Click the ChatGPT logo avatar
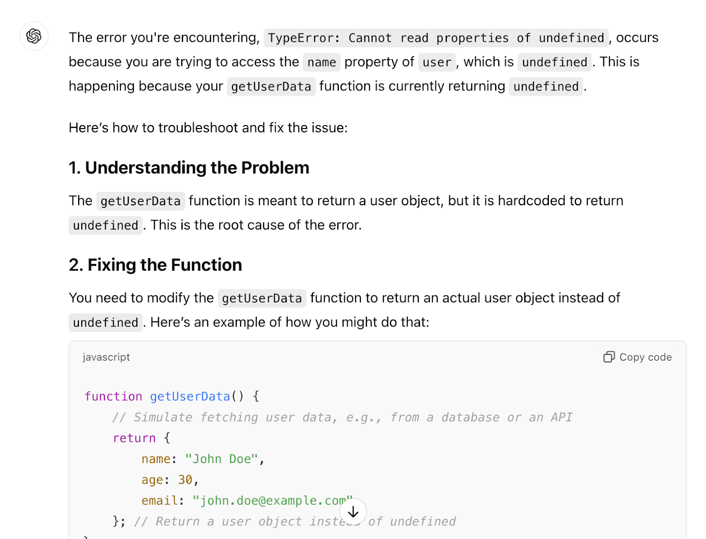coord(34,36)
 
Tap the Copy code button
coord(638,357)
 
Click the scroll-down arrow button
coord(353,512)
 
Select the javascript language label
coord(106,357)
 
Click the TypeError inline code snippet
coord(436,38)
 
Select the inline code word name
coord(322,62)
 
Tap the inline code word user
coord(437,62)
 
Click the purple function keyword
coord(113,396)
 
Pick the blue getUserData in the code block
coord(190,396)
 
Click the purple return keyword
coord(135,438)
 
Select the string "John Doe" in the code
coord(222,459)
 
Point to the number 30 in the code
coord(185,480)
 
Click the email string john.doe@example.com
coord(273,501)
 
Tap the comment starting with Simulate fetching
coord(342,417)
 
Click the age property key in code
coord(153,480)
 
